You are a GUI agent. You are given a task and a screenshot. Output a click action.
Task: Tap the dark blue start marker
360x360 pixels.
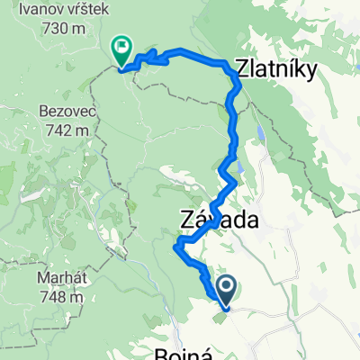225,289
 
